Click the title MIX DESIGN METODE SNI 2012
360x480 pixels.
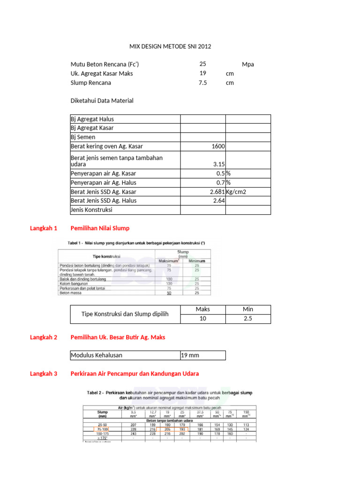[x=170, y=46]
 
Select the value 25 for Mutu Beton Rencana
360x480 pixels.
[x=202, y=64]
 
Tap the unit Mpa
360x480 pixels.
[x=248, y=64]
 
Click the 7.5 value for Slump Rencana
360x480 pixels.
[x=202, y=82]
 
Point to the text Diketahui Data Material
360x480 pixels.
[x=102, y=100]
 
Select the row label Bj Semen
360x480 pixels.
[x=83, y=137]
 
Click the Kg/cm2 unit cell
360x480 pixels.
[x=237, y=192]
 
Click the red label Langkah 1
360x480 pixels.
[x=43, y=228]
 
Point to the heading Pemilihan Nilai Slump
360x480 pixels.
[x=99, y=228]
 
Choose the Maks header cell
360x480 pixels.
[x=202, y=309]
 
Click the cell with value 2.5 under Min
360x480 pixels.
[x=248, y=319]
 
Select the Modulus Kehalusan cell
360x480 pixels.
[x=97, y=355]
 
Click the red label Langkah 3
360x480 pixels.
[x=43, y=374]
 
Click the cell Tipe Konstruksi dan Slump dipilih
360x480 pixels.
[x=125, y=314]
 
